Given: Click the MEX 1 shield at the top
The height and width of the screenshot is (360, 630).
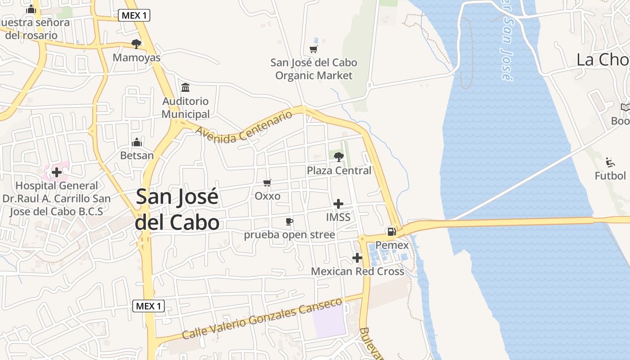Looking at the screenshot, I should point(134,15).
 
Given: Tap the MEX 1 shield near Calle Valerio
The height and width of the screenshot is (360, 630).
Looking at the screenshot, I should point(149,306).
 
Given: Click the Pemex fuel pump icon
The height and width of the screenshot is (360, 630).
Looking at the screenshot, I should point(391,232).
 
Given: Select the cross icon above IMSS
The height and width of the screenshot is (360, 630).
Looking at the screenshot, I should point(338,204).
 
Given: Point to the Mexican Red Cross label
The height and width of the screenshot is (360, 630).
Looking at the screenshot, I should point(357,271).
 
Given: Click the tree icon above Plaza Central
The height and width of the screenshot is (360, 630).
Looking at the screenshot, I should point(339,157).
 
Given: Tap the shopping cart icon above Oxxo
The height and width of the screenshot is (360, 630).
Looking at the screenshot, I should point(267,183).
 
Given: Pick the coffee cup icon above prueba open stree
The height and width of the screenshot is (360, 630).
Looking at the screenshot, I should point(289,221).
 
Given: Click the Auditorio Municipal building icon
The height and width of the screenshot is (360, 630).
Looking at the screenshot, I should point(185,87).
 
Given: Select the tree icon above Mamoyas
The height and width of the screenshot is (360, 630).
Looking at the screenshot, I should point(136,44).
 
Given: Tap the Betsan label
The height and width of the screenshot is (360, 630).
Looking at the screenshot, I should point(137,156).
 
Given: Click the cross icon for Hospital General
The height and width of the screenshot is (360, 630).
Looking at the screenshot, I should point(57,172).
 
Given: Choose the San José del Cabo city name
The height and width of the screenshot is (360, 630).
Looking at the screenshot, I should point(177,210).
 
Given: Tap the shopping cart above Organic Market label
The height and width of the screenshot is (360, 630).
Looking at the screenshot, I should point(314,49).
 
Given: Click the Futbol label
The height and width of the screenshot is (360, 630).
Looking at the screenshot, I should point(610,175).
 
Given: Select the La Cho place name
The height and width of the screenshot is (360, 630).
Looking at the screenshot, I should point(603,59).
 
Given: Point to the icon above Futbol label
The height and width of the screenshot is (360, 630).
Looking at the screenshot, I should point(610,162).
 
